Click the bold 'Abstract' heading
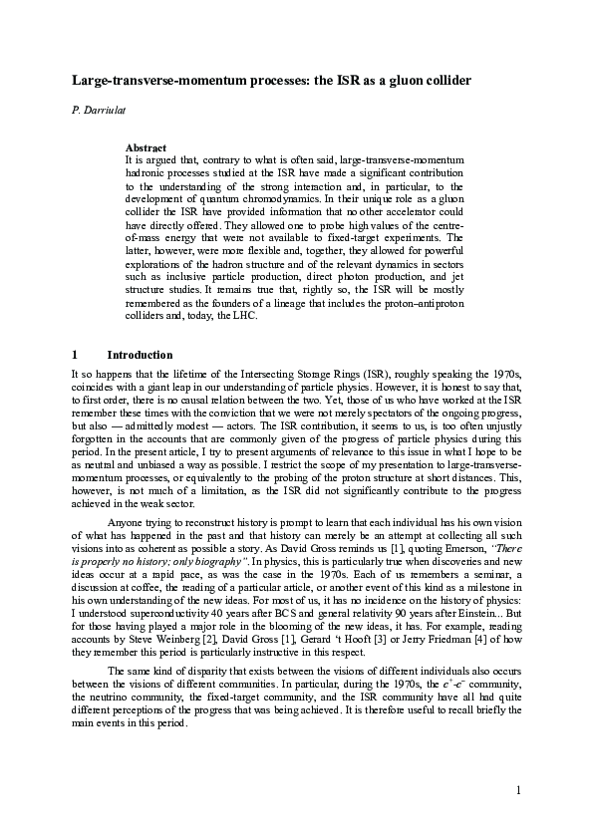pos(146,147)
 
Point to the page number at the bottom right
pos(519,791)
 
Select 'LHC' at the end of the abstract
pos(243,316)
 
